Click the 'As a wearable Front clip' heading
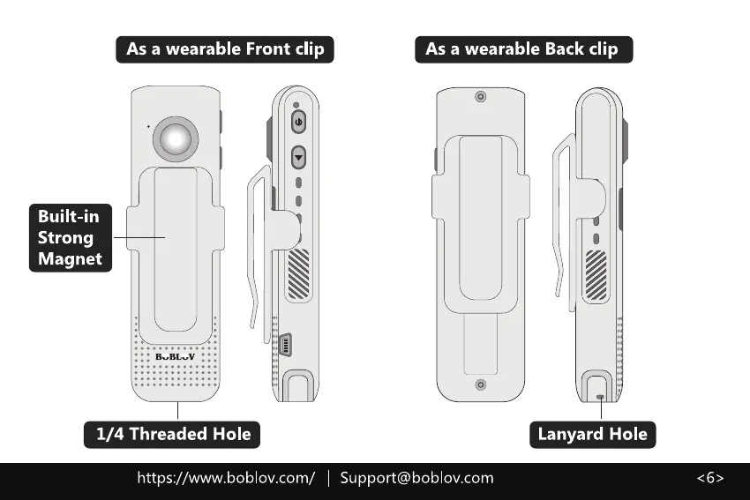225,49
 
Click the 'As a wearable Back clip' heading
523,49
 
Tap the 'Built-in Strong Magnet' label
71,237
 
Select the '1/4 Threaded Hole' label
173,434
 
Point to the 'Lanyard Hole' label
593,434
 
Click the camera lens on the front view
175,138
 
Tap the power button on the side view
298,122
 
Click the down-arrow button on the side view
298,158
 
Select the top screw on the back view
480,96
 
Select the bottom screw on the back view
480,384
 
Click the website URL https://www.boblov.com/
226,478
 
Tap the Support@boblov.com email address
416,478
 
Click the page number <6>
710,478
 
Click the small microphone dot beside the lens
147,126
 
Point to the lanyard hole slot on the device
601,397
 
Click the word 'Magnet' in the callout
71,258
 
